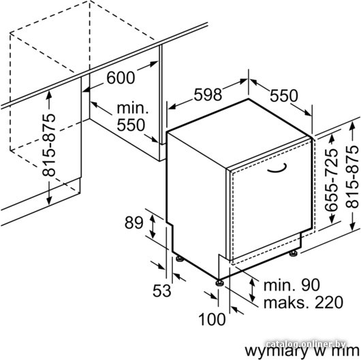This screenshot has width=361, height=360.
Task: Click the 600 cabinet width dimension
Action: [121, 78]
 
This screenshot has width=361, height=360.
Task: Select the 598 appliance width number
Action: [208, 95]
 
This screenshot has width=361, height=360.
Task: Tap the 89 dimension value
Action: [134, 223]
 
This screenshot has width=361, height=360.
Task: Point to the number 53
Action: [162, 291]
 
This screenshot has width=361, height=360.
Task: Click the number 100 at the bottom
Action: [212, 320]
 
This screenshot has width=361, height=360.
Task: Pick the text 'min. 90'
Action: [292, 285]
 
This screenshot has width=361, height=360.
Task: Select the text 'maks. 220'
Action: [303, 302]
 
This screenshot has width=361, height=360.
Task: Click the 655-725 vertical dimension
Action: [331, 180]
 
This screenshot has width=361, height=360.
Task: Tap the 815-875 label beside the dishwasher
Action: [352, 177]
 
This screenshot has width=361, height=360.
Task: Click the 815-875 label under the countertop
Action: [49, 145]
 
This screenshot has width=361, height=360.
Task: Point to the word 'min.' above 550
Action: [133, 108]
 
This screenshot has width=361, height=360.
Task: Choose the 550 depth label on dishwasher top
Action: [283, 96]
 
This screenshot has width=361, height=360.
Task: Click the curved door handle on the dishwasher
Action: [278, 169]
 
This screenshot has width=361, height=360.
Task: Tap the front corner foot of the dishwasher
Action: [219, 282]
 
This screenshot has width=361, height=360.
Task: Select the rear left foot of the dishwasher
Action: [180, 259]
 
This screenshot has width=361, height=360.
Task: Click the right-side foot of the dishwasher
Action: [294, 253]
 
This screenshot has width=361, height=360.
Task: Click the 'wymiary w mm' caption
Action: [302, 351]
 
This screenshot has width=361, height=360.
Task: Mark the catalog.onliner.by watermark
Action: [306, 344]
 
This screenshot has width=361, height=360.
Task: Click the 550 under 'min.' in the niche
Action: [131, 125]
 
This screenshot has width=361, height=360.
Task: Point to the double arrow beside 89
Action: [153, 225]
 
